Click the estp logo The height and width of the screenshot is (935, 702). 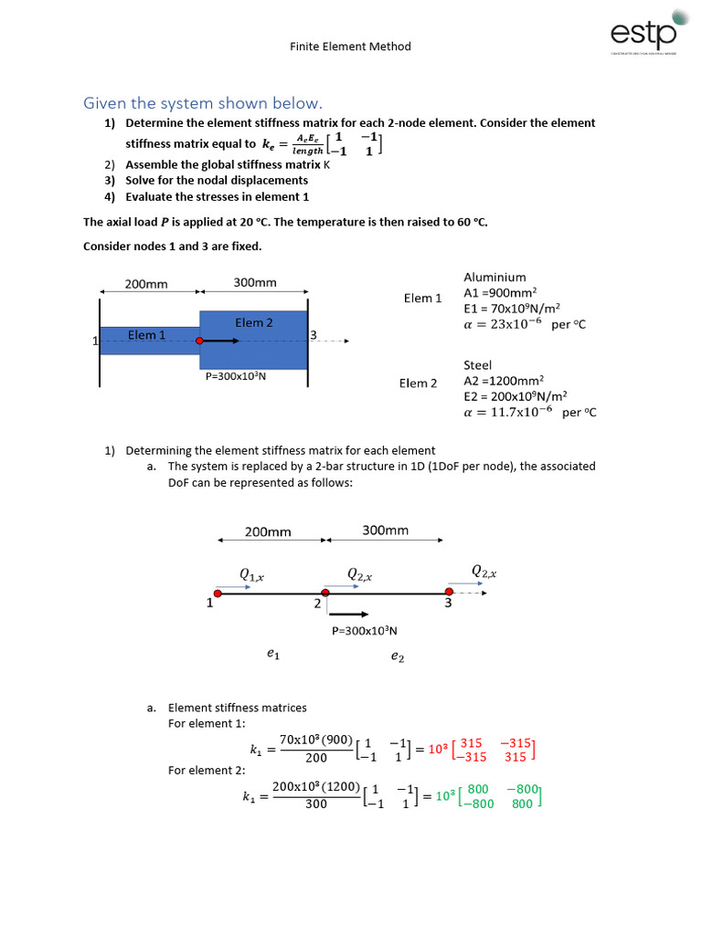pyautogui.click(x=645, y=33)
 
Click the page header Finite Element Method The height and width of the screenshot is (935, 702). pyautogui.click(x=351, y=47)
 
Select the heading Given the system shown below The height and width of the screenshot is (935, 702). pyautogui.click(x=203, y=102)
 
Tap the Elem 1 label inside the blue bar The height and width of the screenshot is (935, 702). pyautogui.click(x=147, y=335)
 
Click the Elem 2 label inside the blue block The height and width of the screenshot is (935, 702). pyautogui.click(x=254, y=322)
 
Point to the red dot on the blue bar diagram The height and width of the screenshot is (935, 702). pyautogui.click(x=199, y=341)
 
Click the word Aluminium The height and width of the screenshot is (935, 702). pyautogui.click(x=495, y=277)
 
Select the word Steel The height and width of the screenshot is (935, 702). pyautogui.click(x=477, y=365)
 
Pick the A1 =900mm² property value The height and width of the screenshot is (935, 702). pyautogui.click(x=500, y=293)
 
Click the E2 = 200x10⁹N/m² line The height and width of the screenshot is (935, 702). pyautogui.click(x=516, y=396)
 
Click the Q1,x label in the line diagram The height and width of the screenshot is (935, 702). pyautogui.click(x=251, y=574)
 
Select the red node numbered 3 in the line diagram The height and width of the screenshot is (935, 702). pyautogui.click(x=449, y=593)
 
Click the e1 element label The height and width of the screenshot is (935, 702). pyautogui.click(x=273, y=654)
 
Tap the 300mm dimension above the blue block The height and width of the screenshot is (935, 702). pyautogui.click(x=255, y=283)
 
